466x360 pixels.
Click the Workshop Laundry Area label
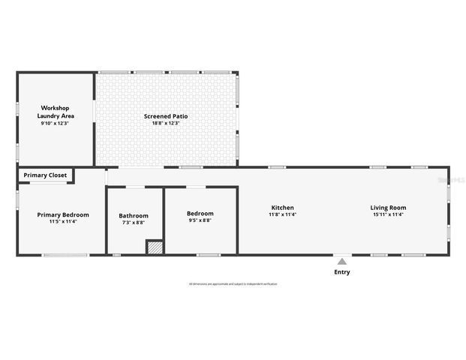(54, 112)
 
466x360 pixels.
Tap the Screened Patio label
(166, 116)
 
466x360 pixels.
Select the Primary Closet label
(45, 175)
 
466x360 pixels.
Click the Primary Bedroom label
(63, 214)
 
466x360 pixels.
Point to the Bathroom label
(134, 216)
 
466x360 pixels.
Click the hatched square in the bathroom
(154, 247)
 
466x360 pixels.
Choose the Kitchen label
(282, 208)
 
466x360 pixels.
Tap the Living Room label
(388, 208)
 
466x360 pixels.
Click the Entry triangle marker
(341, 262)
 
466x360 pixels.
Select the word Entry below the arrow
(341, 272)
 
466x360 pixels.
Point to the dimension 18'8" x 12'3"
(166, 123)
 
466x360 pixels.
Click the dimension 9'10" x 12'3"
(54, 123)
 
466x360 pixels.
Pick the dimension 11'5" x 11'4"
(63, 221)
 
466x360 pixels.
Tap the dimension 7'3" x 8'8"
(134, 223)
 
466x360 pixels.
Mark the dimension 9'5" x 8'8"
(200, 220)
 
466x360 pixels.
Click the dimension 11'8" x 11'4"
(282, 214)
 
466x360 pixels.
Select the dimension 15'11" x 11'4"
(388, 214)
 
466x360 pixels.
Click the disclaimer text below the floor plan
(233, 284)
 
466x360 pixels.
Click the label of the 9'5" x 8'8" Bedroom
(200, 213)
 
